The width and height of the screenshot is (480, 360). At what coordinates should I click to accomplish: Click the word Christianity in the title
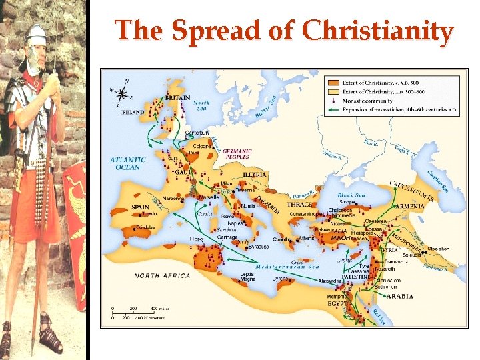[x=377, y=31]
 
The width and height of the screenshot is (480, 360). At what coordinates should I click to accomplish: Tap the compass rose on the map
[x=122, y=92]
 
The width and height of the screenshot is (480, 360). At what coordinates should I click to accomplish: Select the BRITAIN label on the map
[x=177, y=98]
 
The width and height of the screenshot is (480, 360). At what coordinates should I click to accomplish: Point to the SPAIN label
[x=140, y=207]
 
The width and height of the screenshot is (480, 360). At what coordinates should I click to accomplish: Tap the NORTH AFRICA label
[x=162, y=275]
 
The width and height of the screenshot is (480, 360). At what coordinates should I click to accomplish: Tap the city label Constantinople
[x=307, y=214]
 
